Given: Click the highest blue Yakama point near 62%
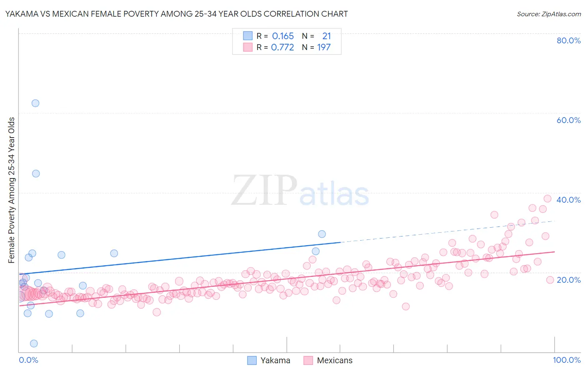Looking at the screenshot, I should pyautogui.click(x=35, y=103).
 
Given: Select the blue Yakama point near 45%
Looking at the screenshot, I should pyautogui.click(x=36, y=173).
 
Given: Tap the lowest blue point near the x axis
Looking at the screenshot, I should pyautogui.click(x=34, y=344).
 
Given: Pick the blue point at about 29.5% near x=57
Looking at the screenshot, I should pyautogui.click(x=322, y=234).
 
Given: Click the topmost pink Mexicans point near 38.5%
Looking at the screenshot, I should pyautogui.click(x=548, y=199).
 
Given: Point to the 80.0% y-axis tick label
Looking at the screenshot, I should pyautogui.click(x=568, y=40).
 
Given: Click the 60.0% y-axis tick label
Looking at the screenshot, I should pyautogui.click(x=568, y=120).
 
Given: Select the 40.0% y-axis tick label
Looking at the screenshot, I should pyautogui.click(x=568, y=200).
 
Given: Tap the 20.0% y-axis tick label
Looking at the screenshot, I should pyautogui.click(x=568, y=279).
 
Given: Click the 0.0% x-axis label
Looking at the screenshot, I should pyautogui.click(x=28, y=360).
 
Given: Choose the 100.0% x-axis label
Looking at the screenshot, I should pyautogui.click(x=566, y=360).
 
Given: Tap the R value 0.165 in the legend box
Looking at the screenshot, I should pyautogui.click(x=283, y=36).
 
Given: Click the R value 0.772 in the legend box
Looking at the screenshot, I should pyautogui.click(x=282, y=48).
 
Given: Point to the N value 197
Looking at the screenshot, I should pyautogui.click(x=324, y=48).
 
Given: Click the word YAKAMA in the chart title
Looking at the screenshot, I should pyautogui.click(x=20, y=14).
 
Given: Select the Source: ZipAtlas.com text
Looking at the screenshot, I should pyautogui.click(x=548, y=14).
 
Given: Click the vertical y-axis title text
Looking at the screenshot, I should pyautogui.click(x=12, y=190).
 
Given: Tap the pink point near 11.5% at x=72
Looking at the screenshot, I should pyautogui.click(x=406, y=307).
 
